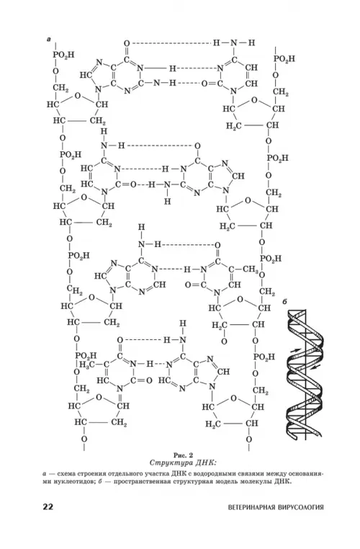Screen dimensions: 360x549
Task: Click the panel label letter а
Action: pos(49,40)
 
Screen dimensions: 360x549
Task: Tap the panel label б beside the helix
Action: pos(285,301)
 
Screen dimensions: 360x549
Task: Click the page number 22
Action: pos(48,506)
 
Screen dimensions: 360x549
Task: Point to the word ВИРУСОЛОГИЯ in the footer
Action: pos(301,507)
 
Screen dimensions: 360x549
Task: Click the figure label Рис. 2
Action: pos(184,455)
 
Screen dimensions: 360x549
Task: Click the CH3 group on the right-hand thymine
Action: pos(251,269)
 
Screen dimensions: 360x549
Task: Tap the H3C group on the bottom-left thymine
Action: pos(87,365)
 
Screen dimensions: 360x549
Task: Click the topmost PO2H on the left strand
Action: pos(63,55)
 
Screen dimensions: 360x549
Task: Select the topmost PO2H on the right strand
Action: pos(284,58)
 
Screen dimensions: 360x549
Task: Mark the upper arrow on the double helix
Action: pos(295,349)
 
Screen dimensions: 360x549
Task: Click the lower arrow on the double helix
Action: pos(316,367)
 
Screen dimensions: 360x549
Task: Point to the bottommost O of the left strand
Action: pos(84,439)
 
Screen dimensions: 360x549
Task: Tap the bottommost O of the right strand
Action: pos(248,439)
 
